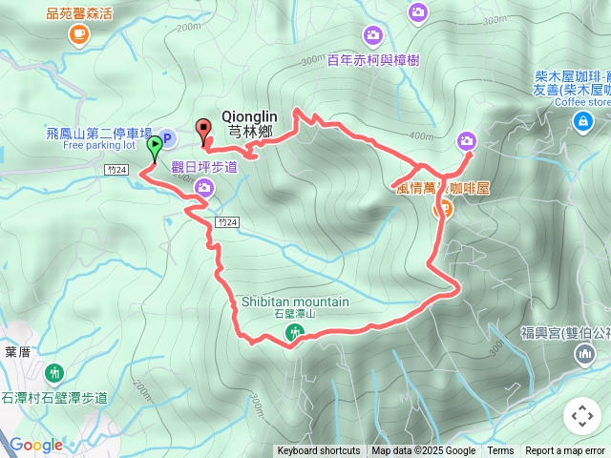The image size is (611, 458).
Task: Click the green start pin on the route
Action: point(155,147)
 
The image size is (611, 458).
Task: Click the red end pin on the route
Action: point(202,129)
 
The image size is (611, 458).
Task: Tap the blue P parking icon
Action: point(166,139)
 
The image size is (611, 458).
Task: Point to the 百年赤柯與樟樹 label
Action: point(373,59)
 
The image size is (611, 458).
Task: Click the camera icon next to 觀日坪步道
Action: point(203,187)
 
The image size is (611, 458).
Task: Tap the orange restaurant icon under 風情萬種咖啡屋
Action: point(443,209)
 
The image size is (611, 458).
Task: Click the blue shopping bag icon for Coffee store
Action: point(582,121)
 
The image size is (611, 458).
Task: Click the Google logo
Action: point(36,445)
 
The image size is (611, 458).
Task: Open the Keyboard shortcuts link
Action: point(319,451)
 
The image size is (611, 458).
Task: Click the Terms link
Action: point(500,451)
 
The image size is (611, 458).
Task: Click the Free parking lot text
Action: point(100,147)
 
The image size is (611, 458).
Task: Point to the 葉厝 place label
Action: point(17,351)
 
